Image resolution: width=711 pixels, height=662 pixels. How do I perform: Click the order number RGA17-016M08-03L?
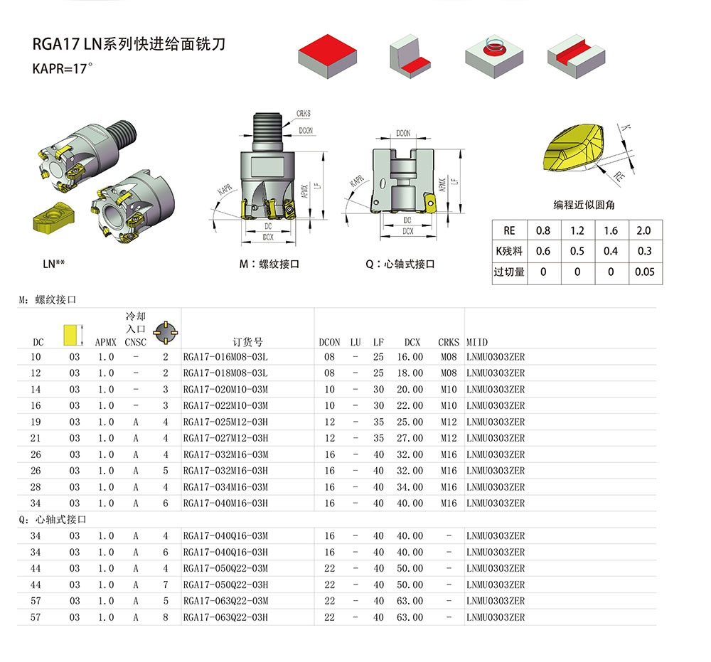tap(225, 356)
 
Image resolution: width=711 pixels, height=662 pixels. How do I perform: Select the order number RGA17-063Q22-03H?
tap(225, 617)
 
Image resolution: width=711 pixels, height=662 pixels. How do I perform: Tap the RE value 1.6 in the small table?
tap(611, 230)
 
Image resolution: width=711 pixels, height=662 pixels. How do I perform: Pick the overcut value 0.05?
tap(644, 272)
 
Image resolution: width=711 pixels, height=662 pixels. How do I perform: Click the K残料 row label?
tap(509, 251)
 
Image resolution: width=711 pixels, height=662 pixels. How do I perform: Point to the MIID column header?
tap(477, 342)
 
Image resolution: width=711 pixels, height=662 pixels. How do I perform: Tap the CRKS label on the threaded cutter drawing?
tap(304, 114)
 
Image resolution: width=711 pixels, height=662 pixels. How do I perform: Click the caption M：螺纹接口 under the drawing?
tap(269, 264)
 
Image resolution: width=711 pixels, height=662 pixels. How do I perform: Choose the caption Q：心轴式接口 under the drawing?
tap(400, 264)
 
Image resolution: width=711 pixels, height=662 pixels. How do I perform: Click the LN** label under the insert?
tap(54, 264)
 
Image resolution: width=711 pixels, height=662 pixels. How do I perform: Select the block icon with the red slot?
tap(577, 55)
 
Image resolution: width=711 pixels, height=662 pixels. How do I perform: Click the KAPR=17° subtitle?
tap(63, 70)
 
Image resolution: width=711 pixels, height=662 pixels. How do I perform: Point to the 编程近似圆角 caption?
tap(584, 205)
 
